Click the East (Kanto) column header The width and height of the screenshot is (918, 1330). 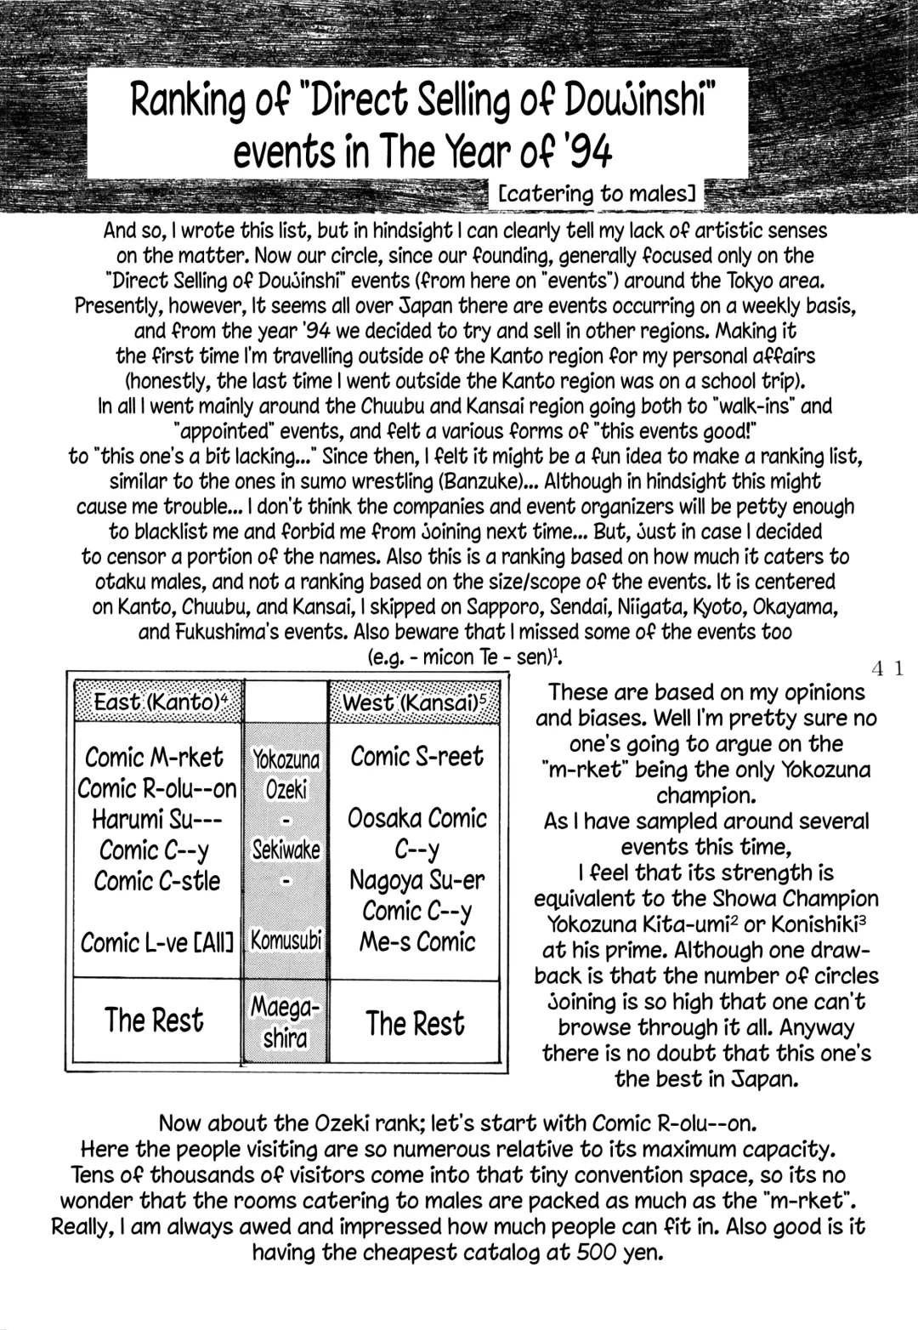158,702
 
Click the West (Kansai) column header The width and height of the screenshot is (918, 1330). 413,702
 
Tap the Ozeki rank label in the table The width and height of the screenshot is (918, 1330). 286,790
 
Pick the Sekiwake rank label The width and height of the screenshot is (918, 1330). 286,850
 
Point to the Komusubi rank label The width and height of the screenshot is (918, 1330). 286,941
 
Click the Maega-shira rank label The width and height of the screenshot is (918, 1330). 286,1022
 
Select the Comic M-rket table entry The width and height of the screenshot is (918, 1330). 155,757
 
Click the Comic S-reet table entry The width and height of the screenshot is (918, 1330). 416,756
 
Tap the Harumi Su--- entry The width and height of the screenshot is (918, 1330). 158,819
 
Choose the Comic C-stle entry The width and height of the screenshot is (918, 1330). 157,881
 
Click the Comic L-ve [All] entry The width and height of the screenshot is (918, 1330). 157,942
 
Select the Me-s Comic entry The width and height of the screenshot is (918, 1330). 416,941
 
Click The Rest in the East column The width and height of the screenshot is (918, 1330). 154,1020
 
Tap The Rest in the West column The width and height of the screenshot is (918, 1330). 416,1023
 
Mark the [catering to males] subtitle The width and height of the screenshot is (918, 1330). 598,195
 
